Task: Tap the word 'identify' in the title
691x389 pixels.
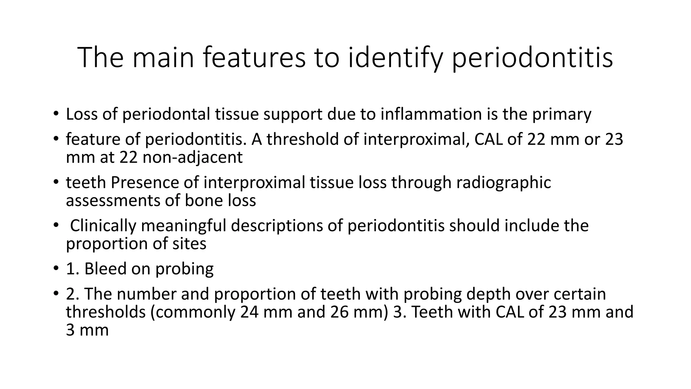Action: (x=395, y=57)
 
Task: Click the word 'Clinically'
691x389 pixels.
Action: (x=103, y=226)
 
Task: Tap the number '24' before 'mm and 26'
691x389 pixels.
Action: (x=249, y=312)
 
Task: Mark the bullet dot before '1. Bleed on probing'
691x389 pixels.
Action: (x=55, y=269)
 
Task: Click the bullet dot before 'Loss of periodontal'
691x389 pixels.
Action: (x=55, y=114)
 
